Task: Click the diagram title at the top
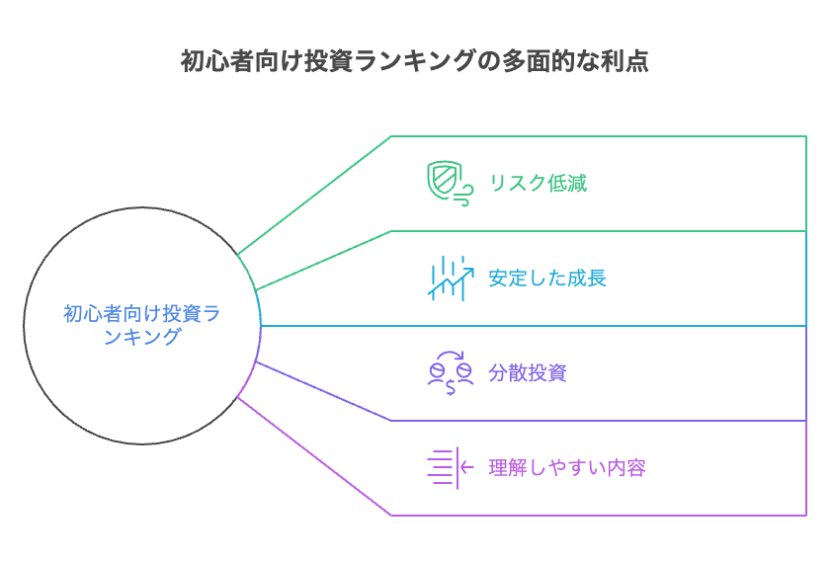point(415,60)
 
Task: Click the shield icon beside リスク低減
point(446,182)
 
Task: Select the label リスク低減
point(538,183)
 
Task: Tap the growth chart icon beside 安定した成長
point(448,278)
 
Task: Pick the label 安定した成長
point(547,278)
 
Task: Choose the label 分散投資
point(528,373)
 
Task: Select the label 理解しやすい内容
point(567,467)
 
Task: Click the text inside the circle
point(141,325)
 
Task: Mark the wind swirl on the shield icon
point(460,198)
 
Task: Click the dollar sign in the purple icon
point(450,386)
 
